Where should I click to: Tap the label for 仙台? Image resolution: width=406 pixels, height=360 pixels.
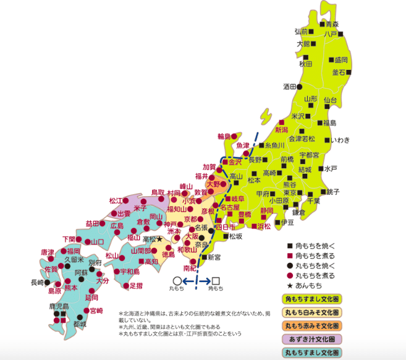pos(330,100)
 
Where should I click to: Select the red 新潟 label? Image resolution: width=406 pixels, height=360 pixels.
pos(282,130)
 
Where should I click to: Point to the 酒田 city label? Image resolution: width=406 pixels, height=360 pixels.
pos(290,87)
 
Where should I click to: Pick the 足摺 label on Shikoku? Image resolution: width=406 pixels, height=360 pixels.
pos(136,286)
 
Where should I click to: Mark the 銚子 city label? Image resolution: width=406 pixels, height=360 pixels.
pos(333,192)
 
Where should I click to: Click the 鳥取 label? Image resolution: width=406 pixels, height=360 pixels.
pos(158,193)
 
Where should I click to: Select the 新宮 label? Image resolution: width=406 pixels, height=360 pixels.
pos(214,257)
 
